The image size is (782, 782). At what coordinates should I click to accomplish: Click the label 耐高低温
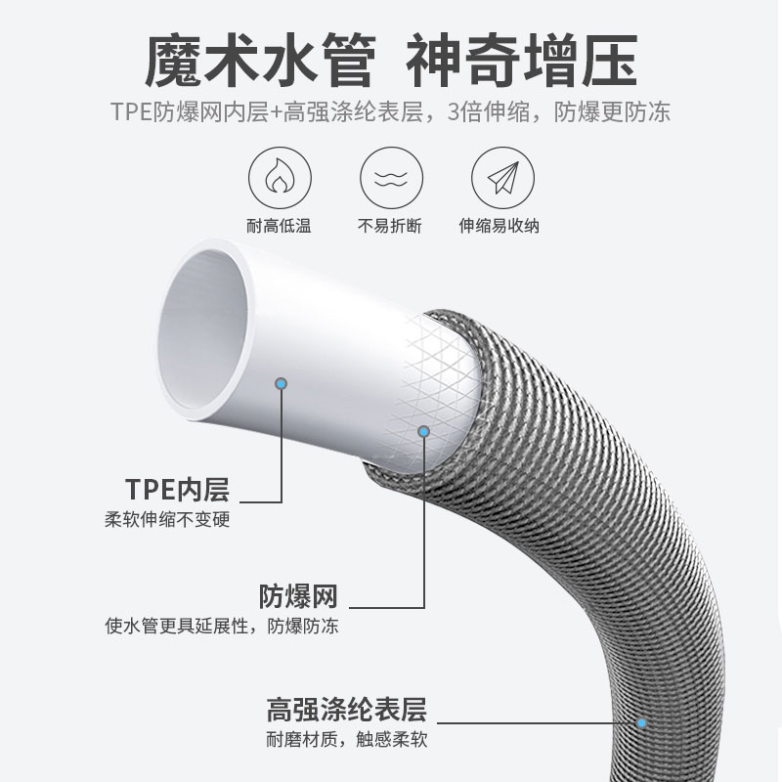[x=279, y=227]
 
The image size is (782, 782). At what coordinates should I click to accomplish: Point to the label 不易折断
[x=390, y=227]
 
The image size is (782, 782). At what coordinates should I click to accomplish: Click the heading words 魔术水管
[x=259, y=61]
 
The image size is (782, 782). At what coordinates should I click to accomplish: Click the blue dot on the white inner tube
[x=282, y=384]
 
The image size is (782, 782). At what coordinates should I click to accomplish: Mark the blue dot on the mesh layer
[x=424, y=430]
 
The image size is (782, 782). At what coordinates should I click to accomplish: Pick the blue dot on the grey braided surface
[x=642, y=724]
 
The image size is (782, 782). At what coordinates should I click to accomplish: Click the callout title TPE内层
[x=184, y=489]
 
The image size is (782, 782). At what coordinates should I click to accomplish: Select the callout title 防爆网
[x=298, y=595]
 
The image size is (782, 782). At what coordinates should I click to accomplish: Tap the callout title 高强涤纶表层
[x=347, y=708]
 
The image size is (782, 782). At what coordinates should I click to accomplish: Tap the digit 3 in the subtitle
[x=454, y=112]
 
